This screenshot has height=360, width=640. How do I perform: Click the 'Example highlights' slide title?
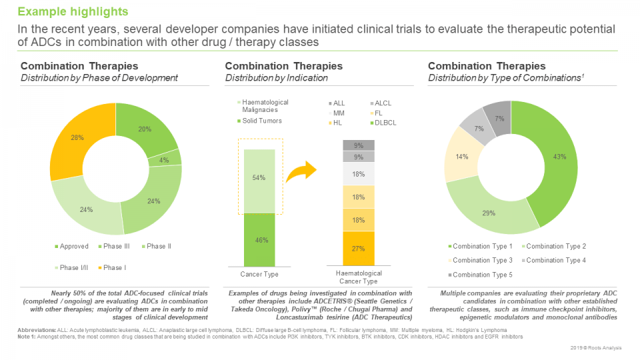73,12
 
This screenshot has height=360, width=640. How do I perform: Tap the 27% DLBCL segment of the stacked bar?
359,248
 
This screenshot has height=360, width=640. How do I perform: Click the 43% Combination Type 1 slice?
539,157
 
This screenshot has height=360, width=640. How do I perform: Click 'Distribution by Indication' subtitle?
276,78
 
